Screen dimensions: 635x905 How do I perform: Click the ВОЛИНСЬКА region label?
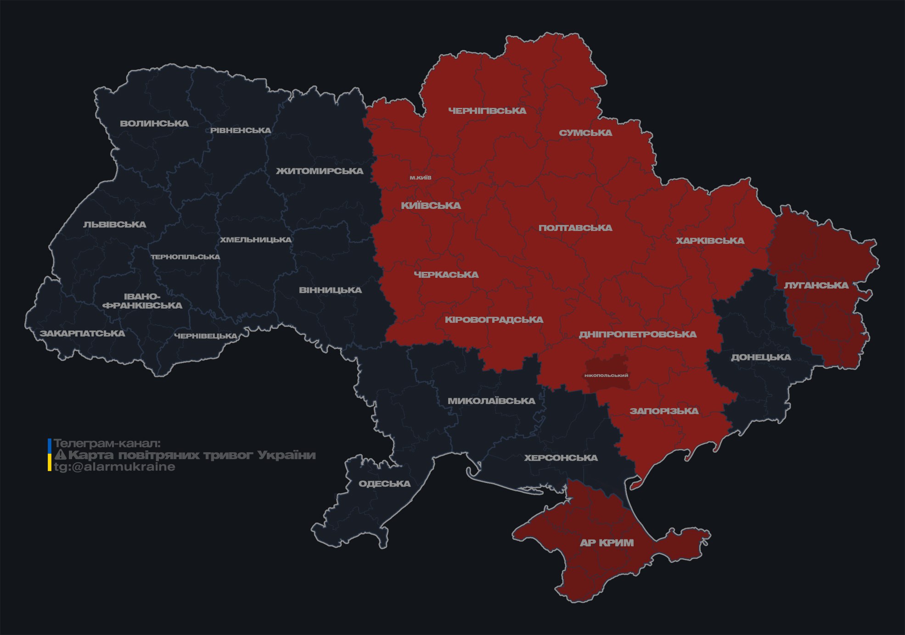tap(154, 124)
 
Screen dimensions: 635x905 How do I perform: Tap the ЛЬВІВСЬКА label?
tap(115, 225)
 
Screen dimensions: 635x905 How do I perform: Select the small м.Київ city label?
tap(421, 178)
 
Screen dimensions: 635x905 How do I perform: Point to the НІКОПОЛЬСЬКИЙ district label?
tap(606, 376)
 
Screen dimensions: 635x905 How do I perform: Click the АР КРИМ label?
tap(607, 543)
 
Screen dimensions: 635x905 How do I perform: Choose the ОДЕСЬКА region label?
tap(384, 484)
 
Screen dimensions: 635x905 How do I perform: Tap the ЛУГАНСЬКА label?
tap(816, 286)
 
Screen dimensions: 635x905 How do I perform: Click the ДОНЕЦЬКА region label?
tap(761, 357)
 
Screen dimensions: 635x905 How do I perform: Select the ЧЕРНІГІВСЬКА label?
tap(487, 111)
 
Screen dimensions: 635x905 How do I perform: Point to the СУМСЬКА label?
tap(585, 133)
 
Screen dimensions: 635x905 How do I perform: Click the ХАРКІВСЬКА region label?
tap(710, 241)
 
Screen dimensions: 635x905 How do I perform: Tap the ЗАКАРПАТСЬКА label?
tap(82, 333)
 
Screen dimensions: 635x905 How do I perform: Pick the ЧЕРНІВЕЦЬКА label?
tap(206, 336)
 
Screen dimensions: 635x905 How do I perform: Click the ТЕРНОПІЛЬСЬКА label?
tap(185, 257)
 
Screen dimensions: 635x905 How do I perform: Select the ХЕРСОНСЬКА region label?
tap(561, 458)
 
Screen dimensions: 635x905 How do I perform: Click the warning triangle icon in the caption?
tap(60, 455)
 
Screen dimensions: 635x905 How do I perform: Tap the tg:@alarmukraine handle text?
tap(114, 467)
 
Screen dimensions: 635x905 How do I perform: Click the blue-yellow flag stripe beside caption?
tap(50, 455)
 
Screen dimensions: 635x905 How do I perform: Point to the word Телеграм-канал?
tap(107, 444)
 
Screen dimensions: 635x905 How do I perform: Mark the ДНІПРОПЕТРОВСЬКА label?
tap(637, 334)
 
